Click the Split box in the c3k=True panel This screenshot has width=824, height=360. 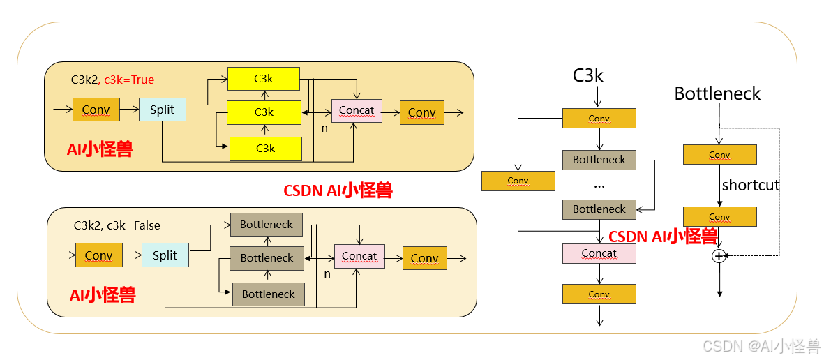pos(162,110)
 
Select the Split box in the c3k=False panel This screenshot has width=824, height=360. pos(165,255)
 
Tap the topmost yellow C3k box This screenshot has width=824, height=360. pos(264,78)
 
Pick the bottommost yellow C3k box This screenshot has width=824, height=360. pos(265,149)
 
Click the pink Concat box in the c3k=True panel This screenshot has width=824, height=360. pos(356,110)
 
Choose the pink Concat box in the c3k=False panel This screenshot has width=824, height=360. pos(359,256)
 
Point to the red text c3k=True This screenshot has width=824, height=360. pos(129,80)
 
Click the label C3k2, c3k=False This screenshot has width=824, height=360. pos(117,225)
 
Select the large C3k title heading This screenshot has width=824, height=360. pos(587,75)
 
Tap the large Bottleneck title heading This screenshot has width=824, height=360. pos(717,93)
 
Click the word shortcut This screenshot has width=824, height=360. pos(751,186)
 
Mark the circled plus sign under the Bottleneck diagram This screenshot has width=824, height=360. pos(719,256)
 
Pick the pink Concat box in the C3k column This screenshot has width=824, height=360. pos(599,253)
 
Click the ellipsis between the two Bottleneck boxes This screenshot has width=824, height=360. pos(599,186)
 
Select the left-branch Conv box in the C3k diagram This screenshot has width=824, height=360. pos(518,181)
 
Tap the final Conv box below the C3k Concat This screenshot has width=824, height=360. pos(599,294)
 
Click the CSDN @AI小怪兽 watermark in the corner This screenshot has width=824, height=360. pos(761,346)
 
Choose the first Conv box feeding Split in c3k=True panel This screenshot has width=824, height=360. pos(96,110)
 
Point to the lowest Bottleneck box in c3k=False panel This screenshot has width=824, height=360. pos(268,294)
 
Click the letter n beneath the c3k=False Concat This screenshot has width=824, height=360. pos(327,274)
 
